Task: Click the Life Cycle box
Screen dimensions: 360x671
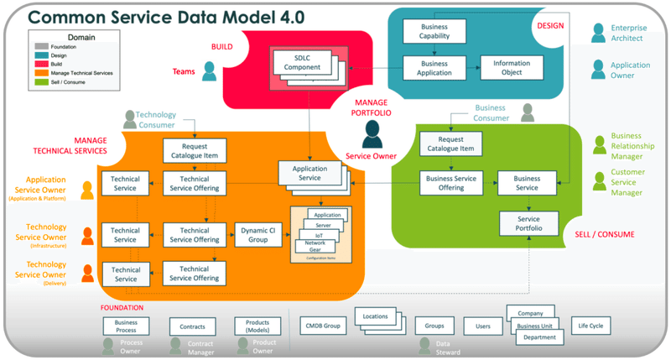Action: point(590,325)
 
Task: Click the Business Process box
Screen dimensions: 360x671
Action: point(126,326)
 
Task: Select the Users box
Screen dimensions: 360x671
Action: point(482,326)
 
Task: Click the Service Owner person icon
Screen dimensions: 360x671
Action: point(370,133)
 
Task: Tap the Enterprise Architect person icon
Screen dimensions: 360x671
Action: point(598,33)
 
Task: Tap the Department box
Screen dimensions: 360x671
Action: point(538,337)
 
